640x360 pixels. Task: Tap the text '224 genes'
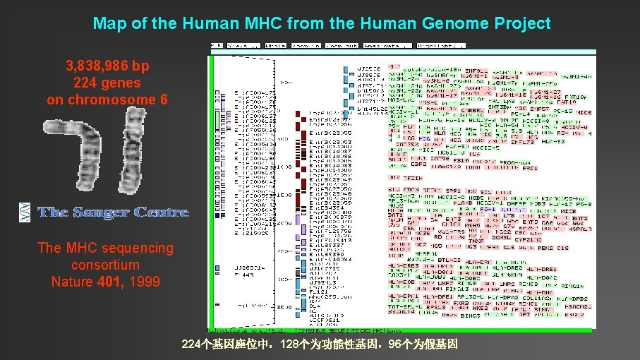(x=107, y=83)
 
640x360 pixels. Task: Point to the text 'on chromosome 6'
(x=107, y=100)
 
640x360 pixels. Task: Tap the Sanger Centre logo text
(x=113, y=212)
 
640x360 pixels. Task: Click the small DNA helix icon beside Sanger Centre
(x=25, y=212)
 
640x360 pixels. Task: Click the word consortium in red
(x=105, y=265)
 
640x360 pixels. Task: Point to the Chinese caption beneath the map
(x=320, y=345)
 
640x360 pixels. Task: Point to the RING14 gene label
(x=572, y=287)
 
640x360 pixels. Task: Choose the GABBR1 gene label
(x=471, y=110)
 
